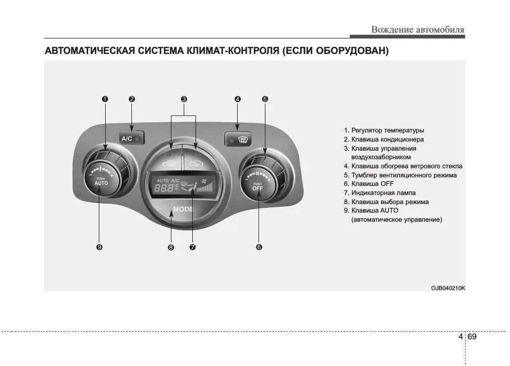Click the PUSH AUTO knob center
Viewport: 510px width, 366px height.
click(101, 181)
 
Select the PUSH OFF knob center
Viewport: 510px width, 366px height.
click(258, 185)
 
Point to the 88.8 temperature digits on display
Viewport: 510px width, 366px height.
click(166, 188)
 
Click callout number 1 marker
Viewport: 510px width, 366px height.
click(105, 99)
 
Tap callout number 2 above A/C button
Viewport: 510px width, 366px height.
click(132, 99)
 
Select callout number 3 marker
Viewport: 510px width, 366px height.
click(184, 99)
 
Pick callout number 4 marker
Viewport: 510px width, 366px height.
click(238, 99)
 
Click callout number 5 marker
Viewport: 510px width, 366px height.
click(265, 99)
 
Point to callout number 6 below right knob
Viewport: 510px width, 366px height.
click(258, 247)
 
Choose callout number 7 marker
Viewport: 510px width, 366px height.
click(192, 247)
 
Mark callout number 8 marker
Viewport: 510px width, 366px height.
click(171, 247)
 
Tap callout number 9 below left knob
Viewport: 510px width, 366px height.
click(99, 247)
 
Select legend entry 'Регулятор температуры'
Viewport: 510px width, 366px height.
click(384, 130)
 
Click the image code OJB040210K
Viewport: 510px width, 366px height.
click(448, 288)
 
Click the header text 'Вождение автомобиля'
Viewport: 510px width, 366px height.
click(418, 30)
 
